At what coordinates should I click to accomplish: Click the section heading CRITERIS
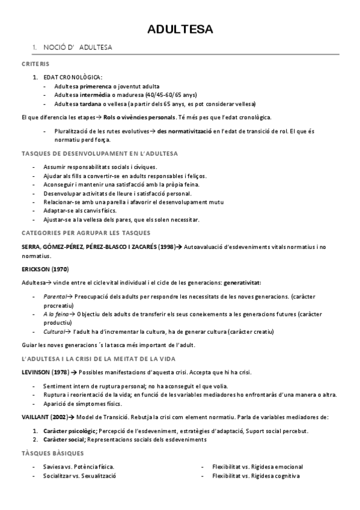click(35, 64)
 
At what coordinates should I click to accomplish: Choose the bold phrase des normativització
click(183, 131)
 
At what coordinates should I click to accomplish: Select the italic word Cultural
click(55, 331)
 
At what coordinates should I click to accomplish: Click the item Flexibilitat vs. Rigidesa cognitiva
click(256, 476)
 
